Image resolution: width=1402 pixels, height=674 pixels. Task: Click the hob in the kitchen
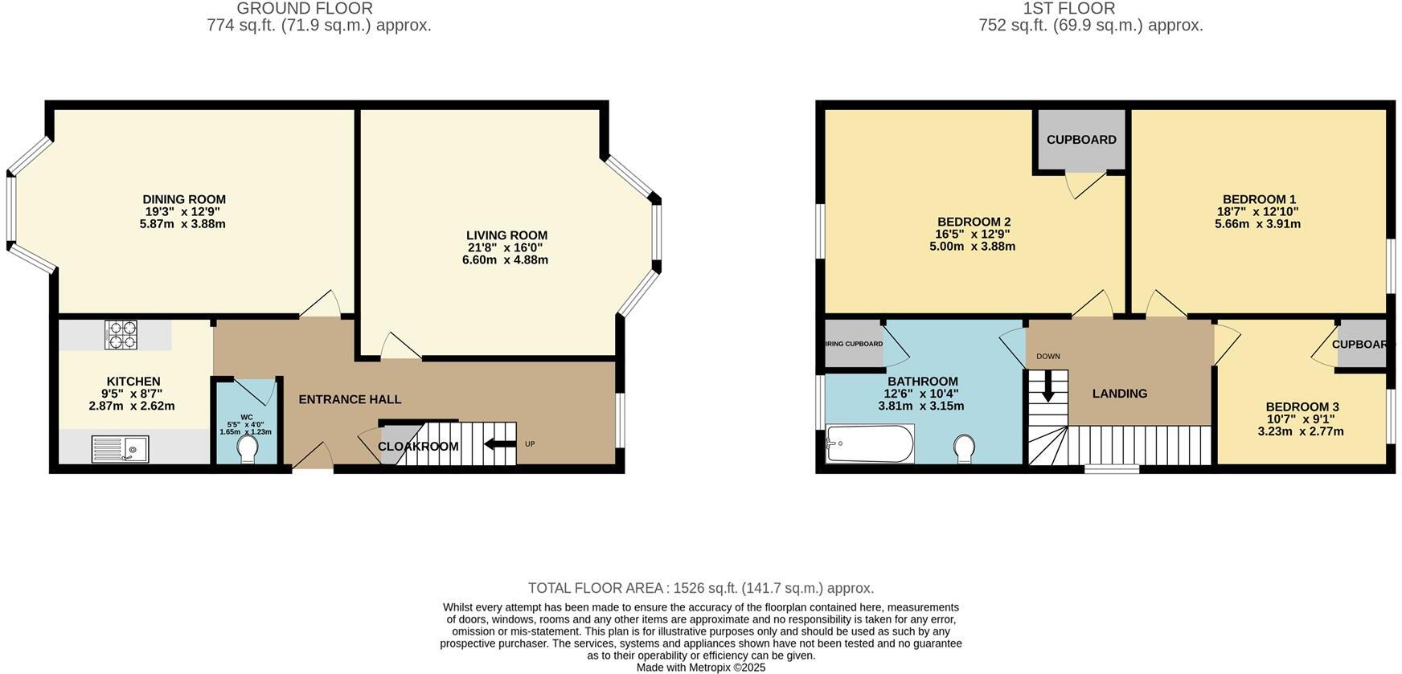(121, 334)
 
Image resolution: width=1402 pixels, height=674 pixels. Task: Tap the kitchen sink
(120, 448)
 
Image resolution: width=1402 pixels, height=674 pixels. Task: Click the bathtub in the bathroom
(870, 443)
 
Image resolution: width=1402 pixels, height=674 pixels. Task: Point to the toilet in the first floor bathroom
(964, 447)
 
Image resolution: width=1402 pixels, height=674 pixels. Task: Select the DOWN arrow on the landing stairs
(1047, 386)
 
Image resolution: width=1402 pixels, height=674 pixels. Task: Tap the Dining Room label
(184, 199)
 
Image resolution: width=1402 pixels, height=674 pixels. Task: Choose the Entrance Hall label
(350, 399)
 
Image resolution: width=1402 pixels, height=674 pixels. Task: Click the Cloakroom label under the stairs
(418, 447)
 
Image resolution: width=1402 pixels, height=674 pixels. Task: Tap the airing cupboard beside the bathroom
(853, 344)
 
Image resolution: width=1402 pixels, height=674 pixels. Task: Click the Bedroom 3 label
(1302, 406)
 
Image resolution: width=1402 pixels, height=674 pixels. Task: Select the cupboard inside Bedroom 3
(1362, 345)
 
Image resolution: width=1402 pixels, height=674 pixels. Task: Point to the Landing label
(1119, 394)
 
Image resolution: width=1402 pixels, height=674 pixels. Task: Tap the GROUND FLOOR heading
(304, 9)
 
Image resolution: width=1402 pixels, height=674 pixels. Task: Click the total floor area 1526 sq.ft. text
(700, 588)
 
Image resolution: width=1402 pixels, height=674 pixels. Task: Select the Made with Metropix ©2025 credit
(700, 668)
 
